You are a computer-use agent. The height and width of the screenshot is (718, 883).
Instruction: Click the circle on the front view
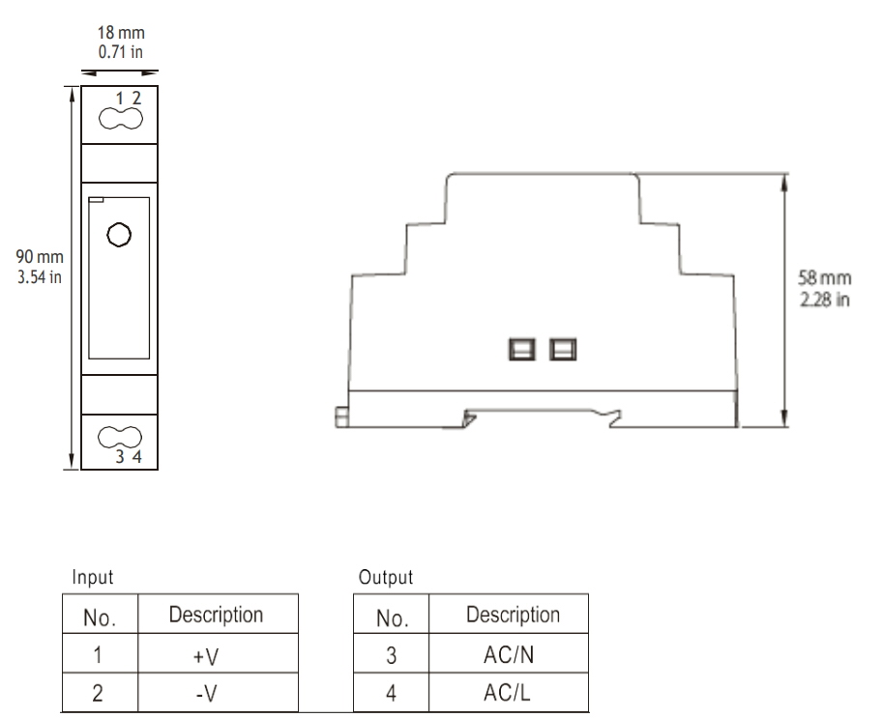click(118, 235)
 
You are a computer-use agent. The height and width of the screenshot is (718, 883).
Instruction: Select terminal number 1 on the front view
click(120, 98)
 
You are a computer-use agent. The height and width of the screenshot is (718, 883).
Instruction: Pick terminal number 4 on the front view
click(137, 458)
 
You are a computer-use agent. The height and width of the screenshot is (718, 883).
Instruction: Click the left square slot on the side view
click(522, 348)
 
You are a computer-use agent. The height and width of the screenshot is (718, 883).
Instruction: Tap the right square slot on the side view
click(561, 348)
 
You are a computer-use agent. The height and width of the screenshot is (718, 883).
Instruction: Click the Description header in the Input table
click(216, 615)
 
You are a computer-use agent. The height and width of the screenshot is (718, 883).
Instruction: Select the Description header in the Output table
click(512, 615)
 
